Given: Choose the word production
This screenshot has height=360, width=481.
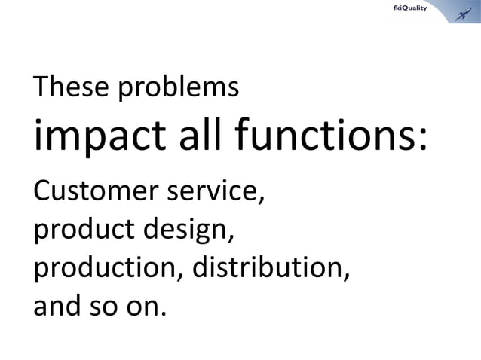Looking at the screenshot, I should point(103,269).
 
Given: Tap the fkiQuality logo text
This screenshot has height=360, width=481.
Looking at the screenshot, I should point(412,8).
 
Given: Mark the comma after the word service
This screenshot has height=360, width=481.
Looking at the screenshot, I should point(262,201).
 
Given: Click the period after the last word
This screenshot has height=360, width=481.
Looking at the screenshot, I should point(161,315).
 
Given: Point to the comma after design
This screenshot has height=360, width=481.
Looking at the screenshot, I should point(228,239).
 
